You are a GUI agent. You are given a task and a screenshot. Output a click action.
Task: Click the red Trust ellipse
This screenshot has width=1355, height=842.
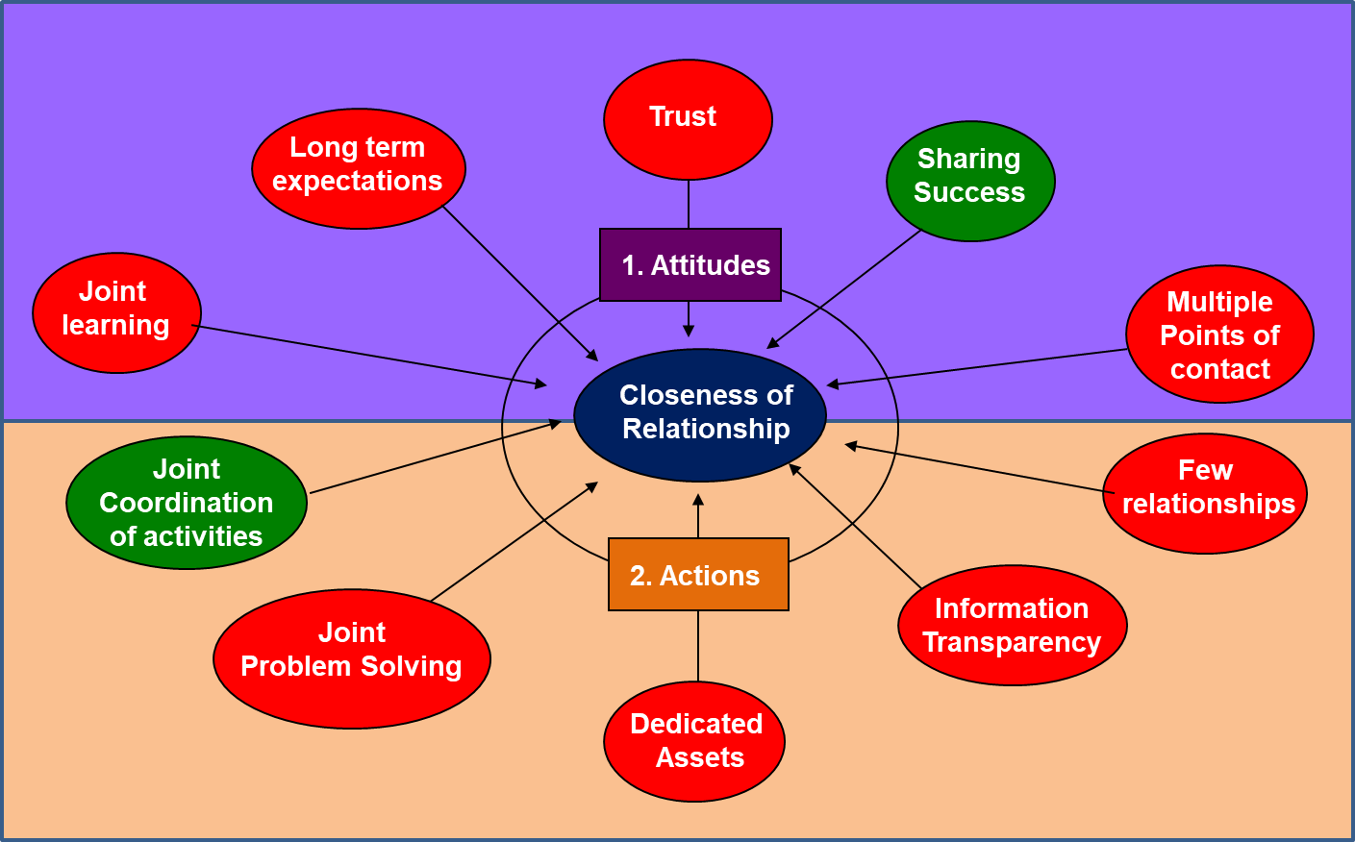pyautogui.click(x=688, y=119)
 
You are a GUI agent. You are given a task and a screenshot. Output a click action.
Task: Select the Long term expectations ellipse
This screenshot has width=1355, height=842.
pyautogui.click(x=359, y=168)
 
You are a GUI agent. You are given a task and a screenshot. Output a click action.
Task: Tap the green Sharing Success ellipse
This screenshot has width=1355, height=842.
pyautogui.click(x=970, y=181)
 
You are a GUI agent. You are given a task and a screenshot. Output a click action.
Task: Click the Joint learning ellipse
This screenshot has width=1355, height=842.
pyautogui.click(x=116, y=312)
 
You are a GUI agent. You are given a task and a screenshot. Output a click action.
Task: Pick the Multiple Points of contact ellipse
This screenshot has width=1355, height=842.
pyautogui.click(x=1219, y=334)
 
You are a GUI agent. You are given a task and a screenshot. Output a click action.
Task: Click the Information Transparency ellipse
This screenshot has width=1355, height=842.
pyautogui.click(x=1012, y=625)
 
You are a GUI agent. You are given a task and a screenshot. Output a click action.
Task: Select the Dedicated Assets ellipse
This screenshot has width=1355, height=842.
pyautogui.click(x=694, y=741)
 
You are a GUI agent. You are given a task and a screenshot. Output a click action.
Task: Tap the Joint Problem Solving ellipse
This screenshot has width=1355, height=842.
pyautogui.click(x=352, y=658)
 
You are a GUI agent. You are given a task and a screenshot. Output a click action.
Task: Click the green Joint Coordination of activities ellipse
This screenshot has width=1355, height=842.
pyautogui.click(x=187, y=503)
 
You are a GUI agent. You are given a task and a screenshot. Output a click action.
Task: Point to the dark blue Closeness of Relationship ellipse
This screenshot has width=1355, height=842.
pyautogui.click(x=700, y=414)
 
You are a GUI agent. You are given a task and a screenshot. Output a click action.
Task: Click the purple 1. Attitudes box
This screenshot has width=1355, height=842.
pyautogui.click(x=690, y=264)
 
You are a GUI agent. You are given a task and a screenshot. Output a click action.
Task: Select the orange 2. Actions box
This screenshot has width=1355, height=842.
pyautogui.click(x=698, y=575)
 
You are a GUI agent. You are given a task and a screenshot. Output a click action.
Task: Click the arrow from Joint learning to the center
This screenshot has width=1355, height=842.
pyautogui.click(x=370, y=356)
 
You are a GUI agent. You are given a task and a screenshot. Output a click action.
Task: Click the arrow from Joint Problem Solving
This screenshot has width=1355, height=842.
pyautogui.click(x=514, y=542)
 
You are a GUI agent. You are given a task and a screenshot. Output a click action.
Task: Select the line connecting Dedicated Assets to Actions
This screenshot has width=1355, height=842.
pyautogui.click(x=698, y=646)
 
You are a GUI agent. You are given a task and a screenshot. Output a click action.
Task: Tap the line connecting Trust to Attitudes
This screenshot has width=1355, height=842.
pyautogui.click(x=689, y=204)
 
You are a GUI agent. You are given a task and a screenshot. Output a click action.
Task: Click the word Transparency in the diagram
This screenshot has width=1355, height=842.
pyautogui.click(x=1012, y=642)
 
